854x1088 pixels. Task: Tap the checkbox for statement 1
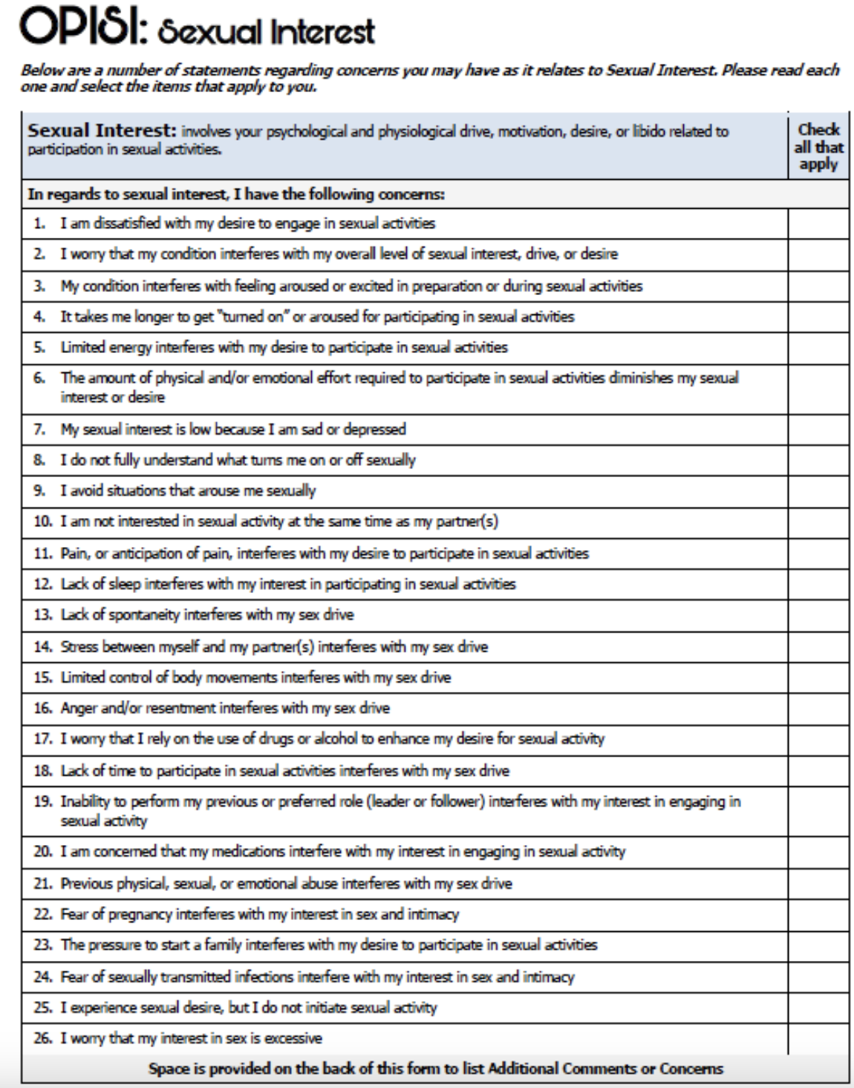pyautogui.click(x=818, y=224)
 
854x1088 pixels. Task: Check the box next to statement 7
pyautogui.click(x=818, y=430)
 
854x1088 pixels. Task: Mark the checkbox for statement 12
pyautogui.click(x=818, y=584)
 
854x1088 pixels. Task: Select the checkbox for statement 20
pyautogui.click(x=818, y=852)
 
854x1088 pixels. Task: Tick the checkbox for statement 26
pyautogui.click(x=818, y=1038)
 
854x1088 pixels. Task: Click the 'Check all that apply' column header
pyautogui.click(x=818, y=146)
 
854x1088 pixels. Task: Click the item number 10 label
pyautogui.click(x=43, y=522)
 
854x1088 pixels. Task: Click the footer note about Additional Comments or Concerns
pyautogui.click(x=435, y=1069)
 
